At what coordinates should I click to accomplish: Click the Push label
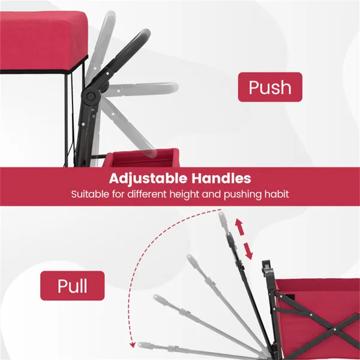coord(270,87)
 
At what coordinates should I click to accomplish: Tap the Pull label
coord(73,286)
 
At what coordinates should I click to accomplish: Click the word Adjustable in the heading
coord(148,178)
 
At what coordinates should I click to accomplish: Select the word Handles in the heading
coord(221,178)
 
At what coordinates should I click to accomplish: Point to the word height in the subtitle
coord(184,194)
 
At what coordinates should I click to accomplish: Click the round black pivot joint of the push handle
coord(91,97)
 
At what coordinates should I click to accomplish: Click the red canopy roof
coord(44,41)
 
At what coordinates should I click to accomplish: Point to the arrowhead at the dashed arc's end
coord(132,344)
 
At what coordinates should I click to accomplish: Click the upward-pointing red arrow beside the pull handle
coord(239,227)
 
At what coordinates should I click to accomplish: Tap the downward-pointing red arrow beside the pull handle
coord(248,251)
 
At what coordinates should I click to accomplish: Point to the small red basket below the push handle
coord(141,158)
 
